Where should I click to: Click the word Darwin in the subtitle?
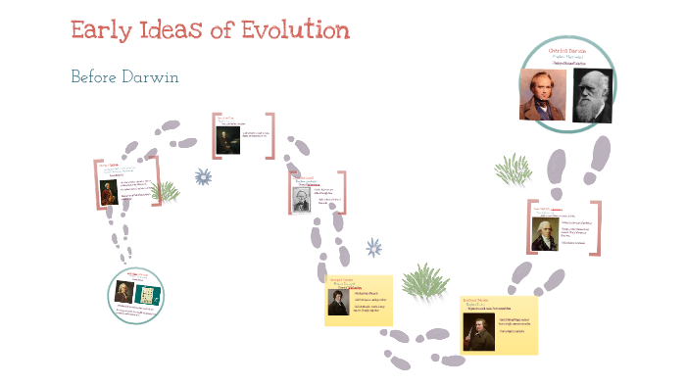158,76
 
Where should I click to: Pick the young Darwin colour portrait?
542,94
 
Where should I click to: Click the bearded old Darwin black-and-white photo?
591,94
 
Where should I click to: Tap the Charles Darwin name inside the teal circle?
566,49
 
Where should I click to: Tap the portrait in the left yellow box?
337,301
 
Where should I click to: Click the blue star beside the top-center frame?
203,176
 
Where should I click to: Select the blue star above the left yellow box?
373,248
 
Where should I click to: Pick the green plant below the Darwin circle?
513,170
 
